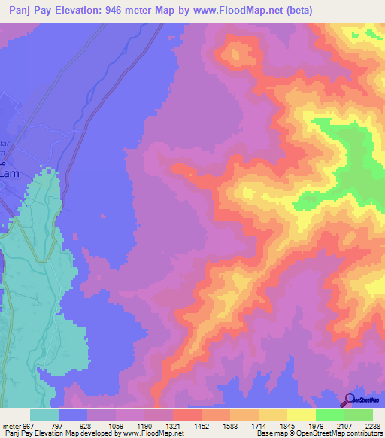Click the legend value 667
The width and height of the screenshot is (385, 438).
[x=29, y=425]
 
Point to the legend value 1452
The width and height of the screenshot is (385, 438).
[x=202, y=425]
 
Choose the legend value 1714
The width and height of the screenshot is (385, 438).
[x=259, y=425]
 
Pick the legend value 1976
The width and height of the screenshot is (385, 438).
[x=316, y=425]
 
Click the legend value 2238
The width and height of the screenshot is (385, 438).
[x=372, y=425]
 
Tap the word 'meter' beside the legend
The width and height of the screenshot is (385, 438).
[x=11, y=425]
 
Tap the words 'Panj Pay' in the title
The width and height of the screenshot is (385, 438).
[x=30, y=10]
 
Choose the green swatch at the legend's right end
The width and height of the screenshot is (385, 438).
[x=358, y=415]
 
